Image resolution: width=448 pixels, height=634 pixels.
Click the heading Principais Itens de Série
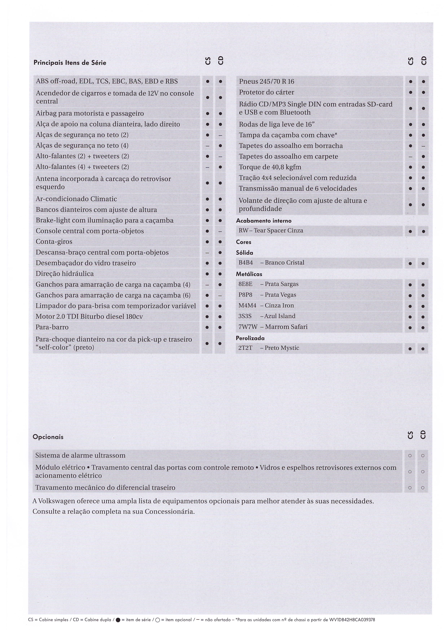point(70,63)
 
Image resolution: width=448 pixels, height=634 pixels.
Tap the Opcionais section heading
point(48,437)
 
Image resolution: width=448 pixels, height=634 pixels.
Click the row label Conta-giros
point(54,242)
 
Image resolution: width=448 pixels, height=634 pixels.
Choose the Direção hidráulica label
point(65,274)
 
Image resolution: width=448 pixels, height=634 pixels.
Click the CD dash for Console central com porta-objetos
point(220,231)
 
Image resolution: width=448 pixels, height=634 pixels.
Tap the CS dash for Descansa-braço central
point(207,253)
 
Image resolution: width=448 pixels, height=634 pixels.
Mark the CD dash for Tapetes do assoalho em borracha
point(423,146)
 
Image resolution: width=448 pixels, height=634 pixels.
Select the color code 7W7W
point(248,327)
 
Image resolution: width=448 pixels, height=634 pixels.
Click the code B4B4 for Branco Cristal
point(245,263)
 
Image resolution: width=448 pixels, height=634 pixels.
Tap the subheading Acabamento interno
point(263,221)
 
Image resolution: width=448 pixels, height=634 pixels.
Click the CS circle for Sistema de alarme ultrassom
point(410,456)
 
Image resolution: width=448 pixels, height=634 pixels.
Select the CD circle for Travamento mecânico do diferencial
point(423,488)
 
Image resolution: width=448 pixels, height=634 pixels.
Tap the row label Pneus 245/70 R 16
point(267,81)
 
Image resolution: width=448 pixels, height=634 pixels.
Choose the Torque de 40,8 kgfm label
point(270,167)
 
